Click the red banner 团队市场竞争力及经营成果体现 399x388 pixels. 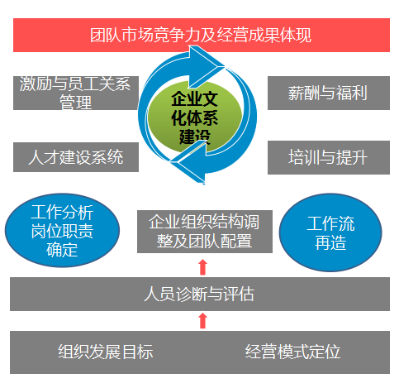202,35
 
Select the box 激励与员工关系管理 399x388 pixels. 76,93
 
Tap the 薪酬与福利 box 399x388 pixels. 329,93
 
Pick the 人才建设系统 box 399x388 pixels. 76,157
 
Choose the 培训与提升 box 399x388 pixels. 329,157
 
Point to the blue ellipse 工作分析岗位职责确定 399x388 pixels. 62,230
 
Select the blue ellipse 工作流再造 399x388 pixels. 330,232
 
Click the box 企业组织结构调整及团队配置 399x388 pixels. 205,232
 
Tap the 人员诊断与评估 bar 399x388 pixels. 200,294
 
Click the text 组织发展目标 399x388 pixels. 106,352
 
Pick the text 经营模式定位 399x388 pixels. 292,352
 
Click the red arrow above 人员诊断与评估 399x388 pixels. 203,267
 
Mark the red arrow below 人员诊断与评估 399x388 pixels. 203,320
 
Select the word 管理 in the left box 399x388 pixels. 76,102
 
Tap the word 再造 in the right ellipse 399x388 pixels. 330,242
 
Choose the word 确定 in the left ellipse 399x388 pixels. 62,250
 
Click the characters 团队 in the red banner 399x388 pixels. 106,36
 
